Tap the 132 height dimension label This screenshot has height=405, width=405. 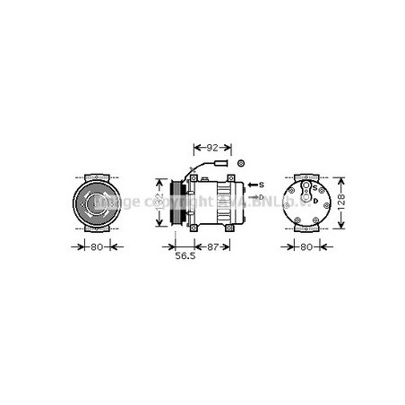(x=159, y=202)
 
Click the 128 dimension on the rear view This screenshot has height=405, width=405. (x=341, y=202)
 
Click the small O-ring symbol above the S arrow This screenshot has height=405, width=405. (x=241, y=163)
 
